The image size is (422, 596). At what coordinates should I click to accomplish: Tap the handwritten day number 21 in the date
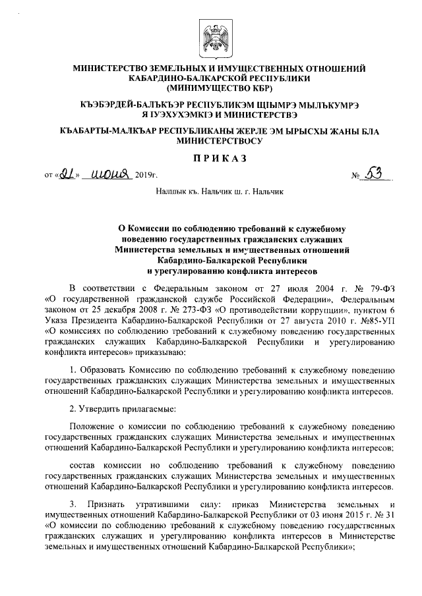[66, 175]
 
